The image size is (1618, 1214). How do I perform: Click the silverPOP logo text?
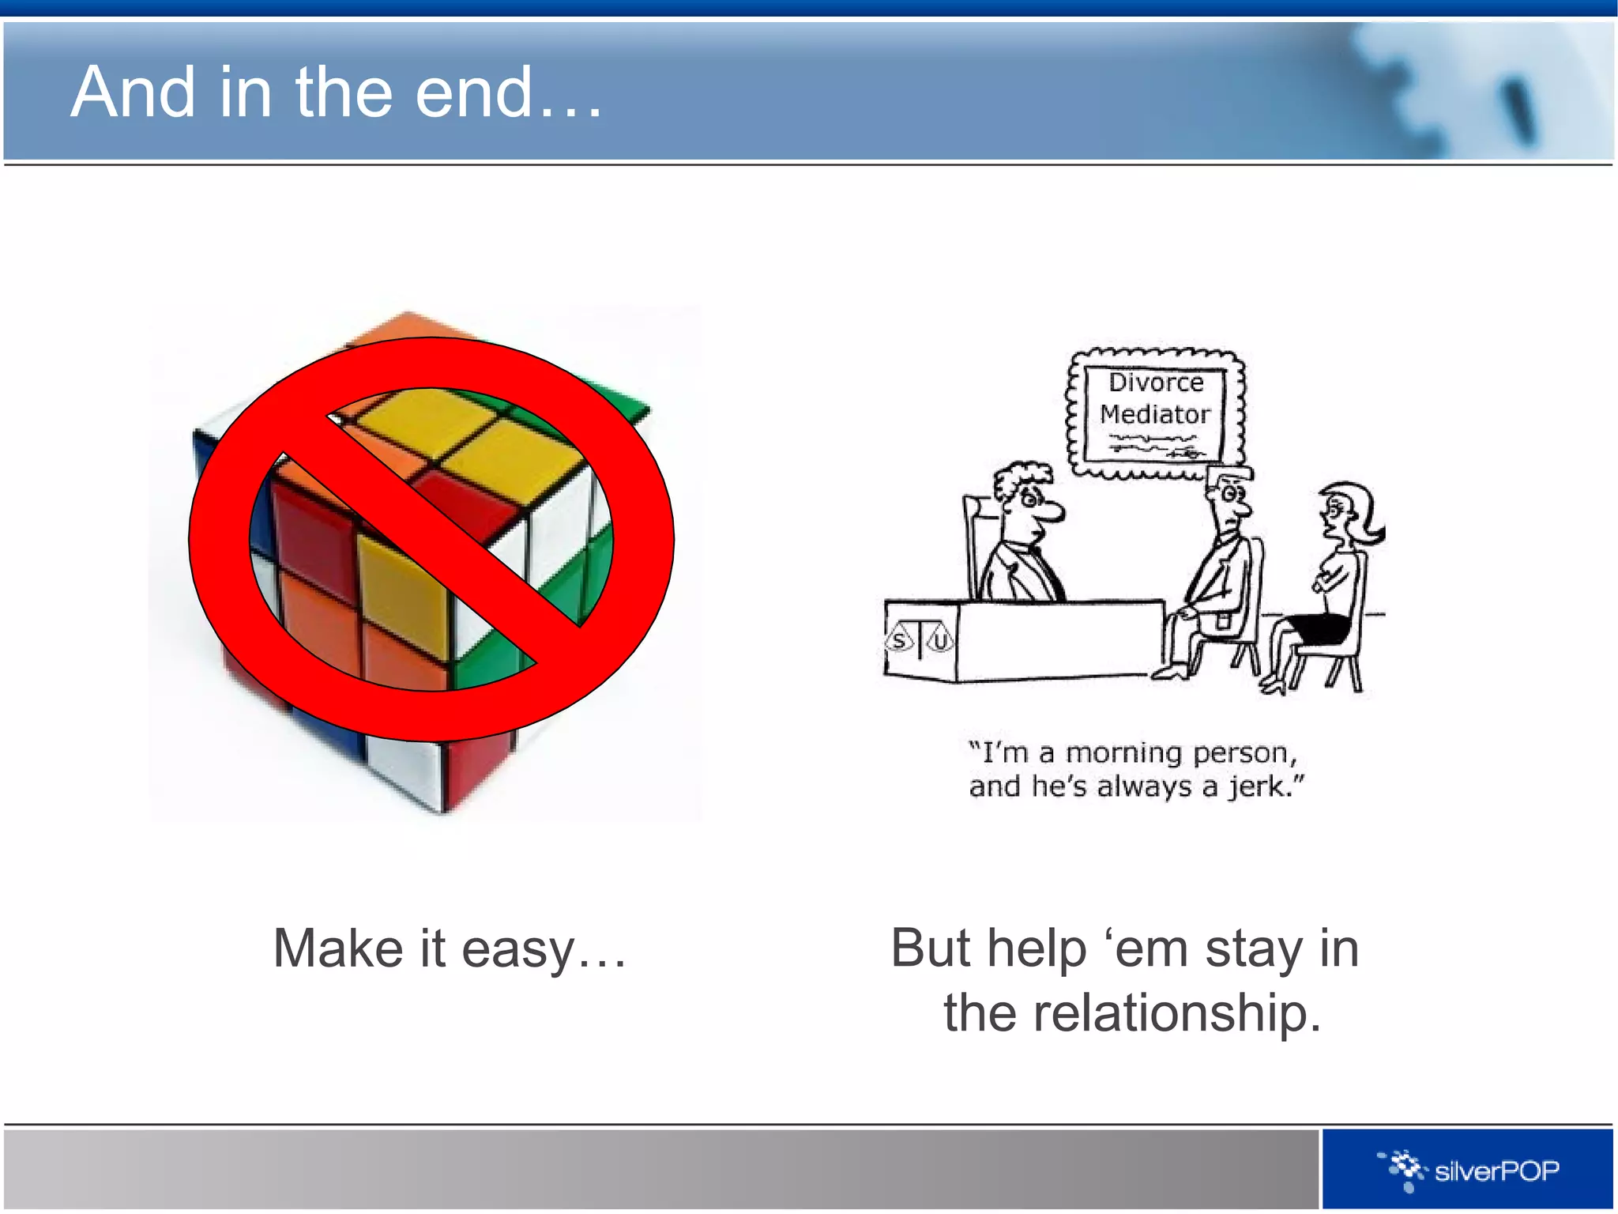click(x=1496, y=1171)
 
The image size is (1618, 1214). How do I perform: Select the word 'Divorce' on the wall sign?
click(x=1156, y=383)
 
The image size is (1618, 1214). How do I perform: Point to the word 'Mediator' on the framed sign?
click(x=1154, y=414)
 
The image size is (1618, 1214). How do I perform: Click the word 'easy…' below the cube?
click(x=544, y=948)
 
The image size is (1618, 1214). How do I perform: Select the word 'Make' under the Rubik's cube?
click(x=338, y=948)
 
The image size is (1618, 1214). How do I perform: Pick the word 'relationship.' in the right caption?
click(x=1177, y=1013)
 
